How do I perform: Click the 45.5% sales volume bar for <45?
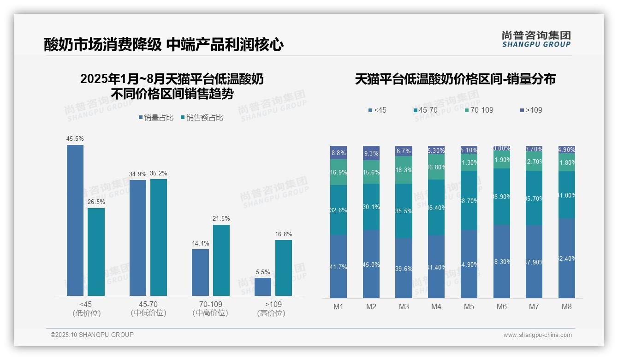[x=75, y=220]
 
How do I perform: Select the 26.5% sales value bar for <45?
[x=96, y=252]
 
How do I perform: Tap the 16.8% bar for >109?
[x=284, y=268]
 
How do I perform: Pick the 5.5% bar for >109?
[x=263, y=287]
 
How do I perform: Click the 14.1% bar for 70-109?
[x=200, y=272]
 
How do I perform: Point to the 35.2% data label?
[x=159, y=174]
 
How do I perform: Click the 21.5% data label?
[x=221, y=218]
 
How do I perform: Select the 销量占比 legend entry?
[x=156, y=118]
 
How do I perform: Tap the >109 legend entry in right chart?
[x=531, y=110]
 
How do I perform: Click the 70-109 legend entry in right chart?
[x=479, y=110]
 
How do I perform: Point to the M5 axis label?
[x=469, y=306]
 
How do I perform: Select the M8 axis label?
[x=567, y=306]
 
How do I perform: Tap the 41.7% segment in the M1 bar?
[x=339, y=266]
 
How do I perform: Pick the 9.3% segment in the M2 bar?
[x=371, y=153]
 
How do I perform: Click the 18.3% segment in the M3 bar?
[x=404, y=170]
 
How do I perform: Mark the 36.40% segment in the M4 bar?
[x=436, y=208]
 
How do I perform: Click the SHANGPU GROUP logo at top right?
[x=536, y=39]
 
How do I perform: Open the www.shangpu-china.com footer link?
[x=537, y=335]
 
